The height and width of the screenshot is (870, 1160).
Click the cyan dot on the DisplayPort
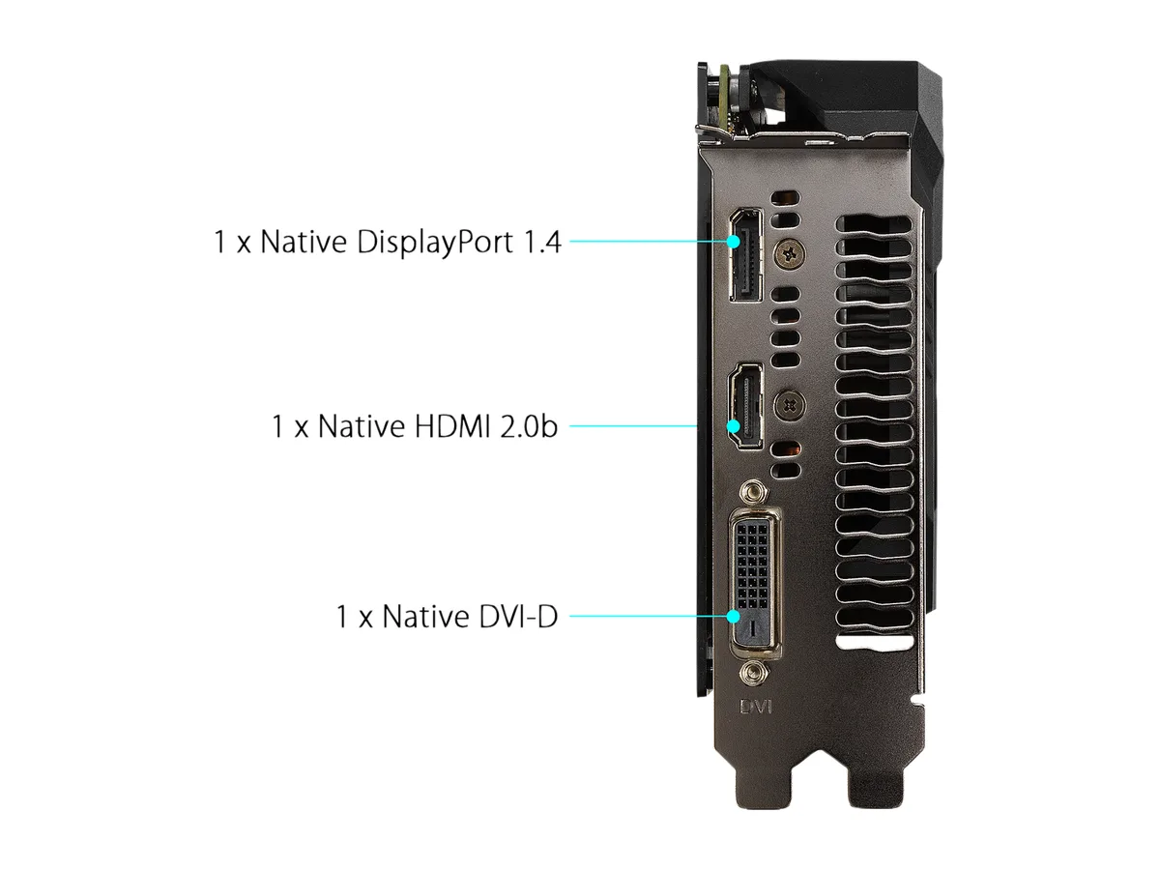(733, 242)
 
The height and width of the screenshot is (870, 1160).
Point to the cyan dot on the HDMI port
(733, 425)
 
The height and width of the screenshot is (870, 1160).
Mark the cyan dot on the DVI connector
(733, 616)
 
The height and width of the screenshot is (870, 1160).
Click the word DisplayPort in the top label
(434, 243)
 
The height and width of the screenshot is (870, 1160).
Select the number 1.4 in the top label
(541, 243)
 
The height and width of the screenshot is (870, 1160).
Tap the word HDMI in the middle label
(452, 426)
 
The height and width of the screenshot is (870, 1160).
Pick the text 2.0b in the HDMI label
(529, 426)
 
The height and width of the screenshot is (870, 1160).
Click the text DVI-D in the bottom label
(518, 617)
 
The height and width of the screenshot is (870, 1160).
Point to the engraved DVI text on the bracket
(756, 707)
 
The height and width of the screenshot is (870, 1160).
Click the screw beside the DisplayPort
(790, 253)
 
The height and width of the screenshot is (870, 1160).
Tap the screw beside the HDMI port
(790, 406)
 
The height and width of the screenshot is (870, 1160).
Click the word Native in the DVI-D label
(425, 617)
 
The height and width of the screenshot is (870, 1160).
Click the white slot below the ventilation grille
(875, 642)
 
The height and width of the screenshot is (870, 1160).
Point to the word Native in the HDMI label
(362, 426)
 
